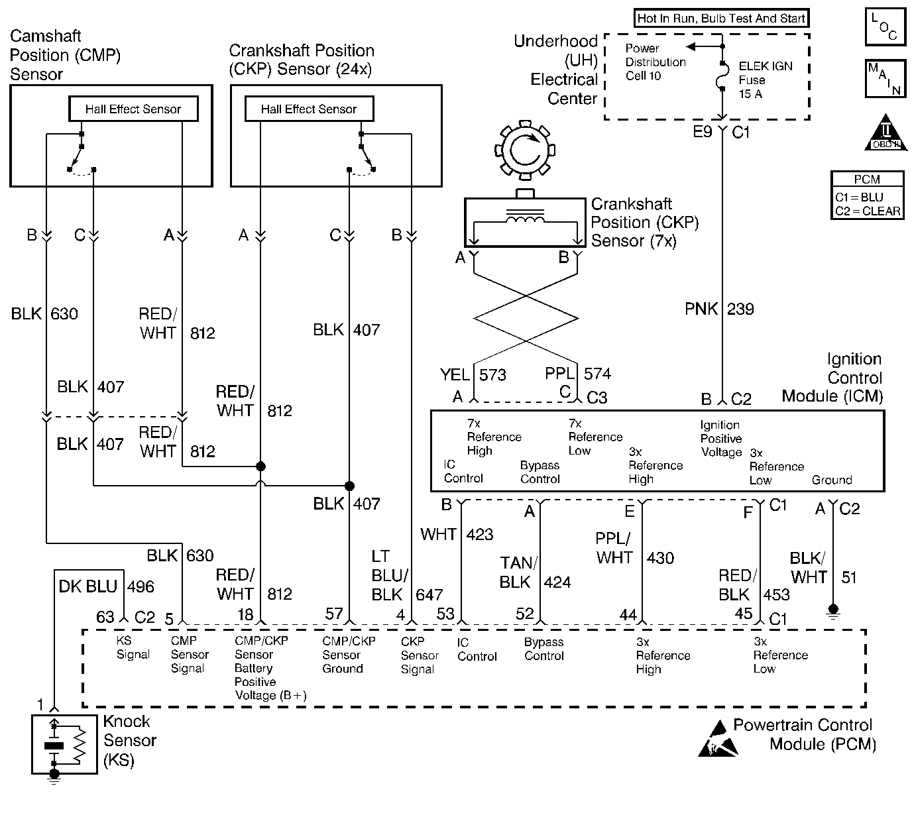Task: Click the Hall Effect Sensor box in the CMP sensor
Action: coord(133,109)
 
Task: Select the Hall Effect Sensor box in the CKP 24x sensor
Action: coord(309,109)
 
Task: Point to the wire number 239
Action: coord(740,309)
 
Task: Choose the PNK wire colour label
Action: coord(701,309)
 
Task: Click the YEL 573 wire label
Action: coord(473,375)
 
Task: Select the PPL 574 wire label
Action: coord(577,374)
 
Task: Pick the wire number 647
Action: coord(429,594)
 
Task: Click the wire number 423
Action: coord(481,534)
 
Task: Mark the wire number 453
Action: coord(776,594)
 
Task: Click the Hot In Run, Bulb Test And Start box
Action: coord(721,19)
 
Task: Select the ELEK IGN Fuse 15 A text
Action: coord(765,80)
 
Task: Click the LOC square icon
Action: coord(885,27)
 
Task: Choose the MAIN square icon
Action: coord(885,78)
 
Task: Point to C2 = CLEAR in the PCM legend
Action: coord(868,211)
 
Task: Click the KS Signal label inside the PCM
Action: coord(133,647)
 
